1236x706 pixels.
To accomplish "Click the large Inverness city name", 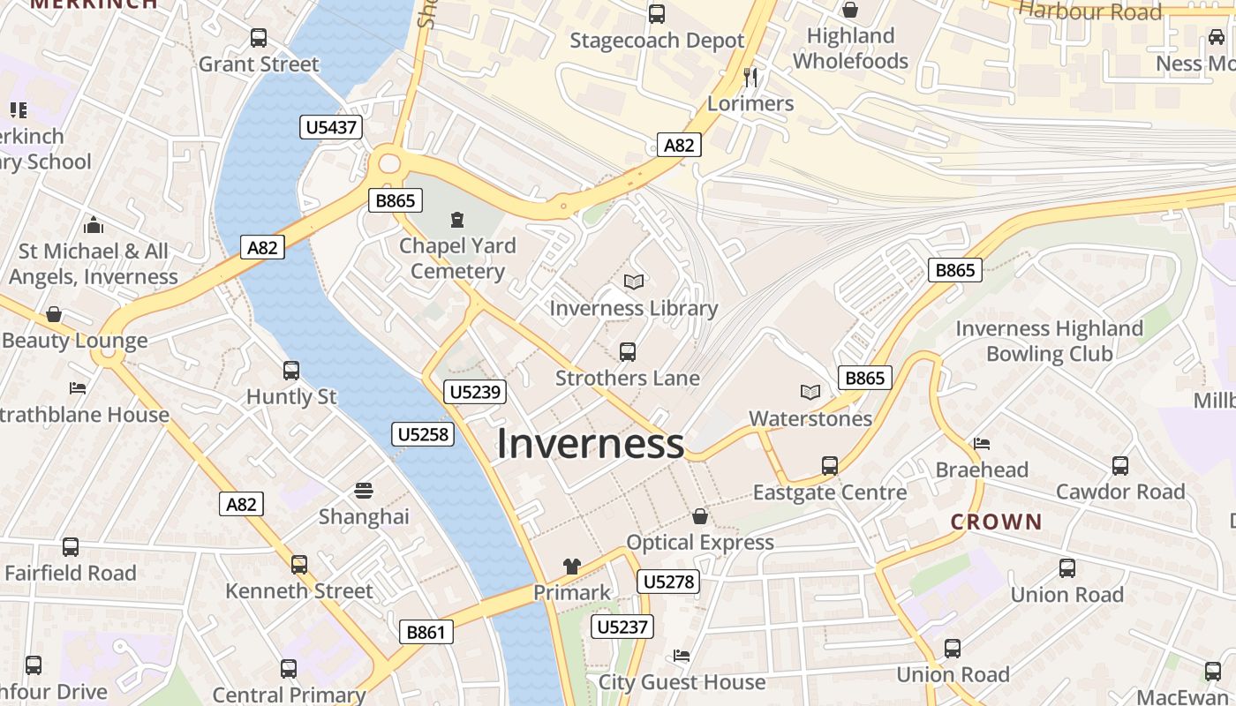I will [x=590, y=443].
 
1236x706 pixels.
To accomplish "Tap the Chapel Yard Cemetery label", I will [x=456, y=258].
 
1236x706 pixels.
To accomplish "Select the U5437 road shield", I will [x=331, y=127].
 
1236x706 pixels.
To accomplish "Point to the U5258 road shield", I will [x=423, y=433].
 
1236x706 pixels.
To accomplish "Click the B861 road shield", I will [x=426, y=632].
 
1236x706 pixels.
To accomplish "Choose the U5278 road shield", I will [x=669, y=582].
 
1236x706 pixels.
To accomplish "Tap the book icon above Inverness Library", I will [x=633, y=282].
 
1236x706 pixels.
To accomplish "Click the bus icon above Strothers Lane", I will [x=628, y=352].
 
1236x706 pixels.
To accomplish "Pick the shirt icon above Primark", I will [x=572, y=567].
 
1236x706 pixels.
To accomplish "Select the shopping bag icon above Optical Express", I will [x=700, y=515].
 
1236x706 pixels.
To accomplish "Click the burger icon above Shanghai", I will [x=364, y=490].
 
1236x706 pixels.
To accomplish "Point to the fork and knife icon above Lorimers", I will [x=750, y=77].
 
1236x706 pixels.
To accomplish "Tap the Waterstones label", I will [x=810, y=418].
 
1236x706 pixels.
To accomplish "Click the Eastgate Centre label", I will [x=829, y=492].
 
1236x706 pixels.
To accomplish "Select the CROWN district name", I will [x=996, y=522].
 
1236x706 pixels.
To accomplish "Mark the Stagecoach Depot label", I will [x=657, y=41].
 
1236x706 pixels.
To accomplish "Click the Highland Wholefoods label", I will [x=850, y=49].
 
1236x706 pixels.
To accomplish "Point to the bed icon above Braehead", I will [x=982, y=443].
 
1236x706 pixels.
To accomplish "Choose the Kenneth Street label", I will [x=299, y=590].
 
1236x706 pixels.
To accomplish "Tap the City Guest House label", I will [x=682, y=682].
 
